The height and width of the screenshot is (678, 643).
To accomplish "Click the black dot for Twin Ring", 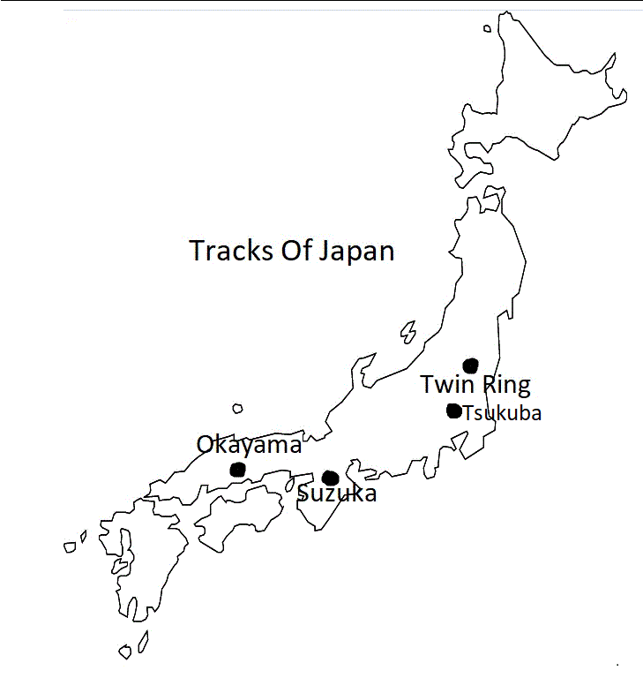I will point(471,365).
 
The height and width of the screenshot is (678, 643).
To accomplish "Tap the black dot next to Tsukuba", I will point(453,411).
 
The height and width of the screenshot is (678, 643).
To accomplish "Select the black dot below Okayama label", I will point(237,469).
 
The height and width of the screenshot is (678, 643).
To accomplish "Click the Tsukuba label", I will point(502,412).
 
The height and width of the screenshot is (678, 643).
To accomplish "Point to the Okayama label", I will point(249,445).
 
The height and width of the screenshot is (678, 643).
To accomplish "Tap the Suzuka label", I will point(337,493).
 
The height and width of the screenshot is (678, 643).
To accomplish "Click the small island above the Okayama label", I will point(237,409).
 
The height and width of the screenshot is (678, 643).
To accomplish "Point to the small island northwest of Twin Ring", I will point(407,331).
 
